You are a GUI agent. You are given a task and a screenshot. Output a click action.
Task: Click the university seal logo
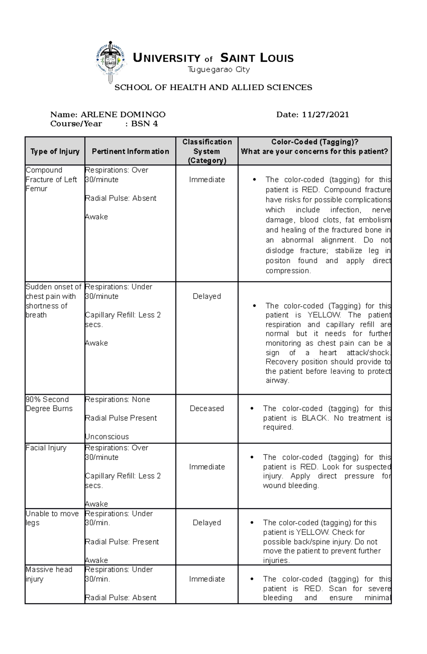(111, 61)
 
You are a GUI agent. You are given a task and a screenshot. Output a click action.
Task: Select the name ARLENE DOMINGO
(123, 115)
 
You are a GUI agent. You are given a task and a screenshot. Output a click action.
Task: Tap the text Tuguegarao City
(218, 69)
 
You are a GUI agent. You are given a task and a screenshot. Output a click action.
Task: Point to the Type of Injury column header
(55, 151)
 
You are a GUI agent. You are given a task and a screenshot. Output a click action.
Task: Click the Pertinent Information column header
(130, 151)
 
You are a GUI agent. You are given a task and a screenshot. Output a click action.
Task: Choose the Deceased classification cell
(207, 408)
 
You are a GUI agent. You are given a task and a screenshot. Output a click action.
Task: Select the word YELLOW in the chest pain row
(323, 315)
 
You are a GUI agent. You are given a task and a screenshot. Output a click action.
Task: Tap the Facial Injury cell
(46, 448)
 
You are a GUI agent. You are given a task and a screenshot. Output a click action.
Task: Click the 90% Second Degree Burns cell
(49, 404)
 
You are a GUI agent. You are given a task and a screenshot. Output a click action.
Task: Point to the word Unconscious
(107, 437)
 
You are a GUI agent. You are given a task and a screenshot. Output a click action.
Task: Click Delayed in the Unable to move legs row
(207, 523)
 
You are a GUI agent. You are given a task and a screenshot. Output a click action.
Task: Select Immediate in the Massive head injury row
(207, 579)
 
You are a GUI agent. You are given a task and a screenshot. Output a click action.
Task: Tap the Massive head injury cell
(49, 574)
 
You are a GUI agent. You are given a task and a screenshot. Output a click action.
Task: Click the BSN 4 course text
(144, 124)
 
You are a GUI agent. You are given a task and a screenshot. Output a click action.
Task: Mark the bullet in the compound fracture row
(254, 180)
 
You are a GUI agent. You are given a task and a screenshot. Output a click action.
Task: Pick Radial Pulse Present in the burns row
(121, 418)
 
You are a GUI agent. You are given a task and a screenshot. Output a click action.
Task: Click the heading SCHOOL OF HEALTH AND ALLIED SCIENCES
(213, 88)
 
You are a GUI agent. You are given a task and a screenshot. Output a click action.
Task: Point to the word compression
(288, 271)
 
